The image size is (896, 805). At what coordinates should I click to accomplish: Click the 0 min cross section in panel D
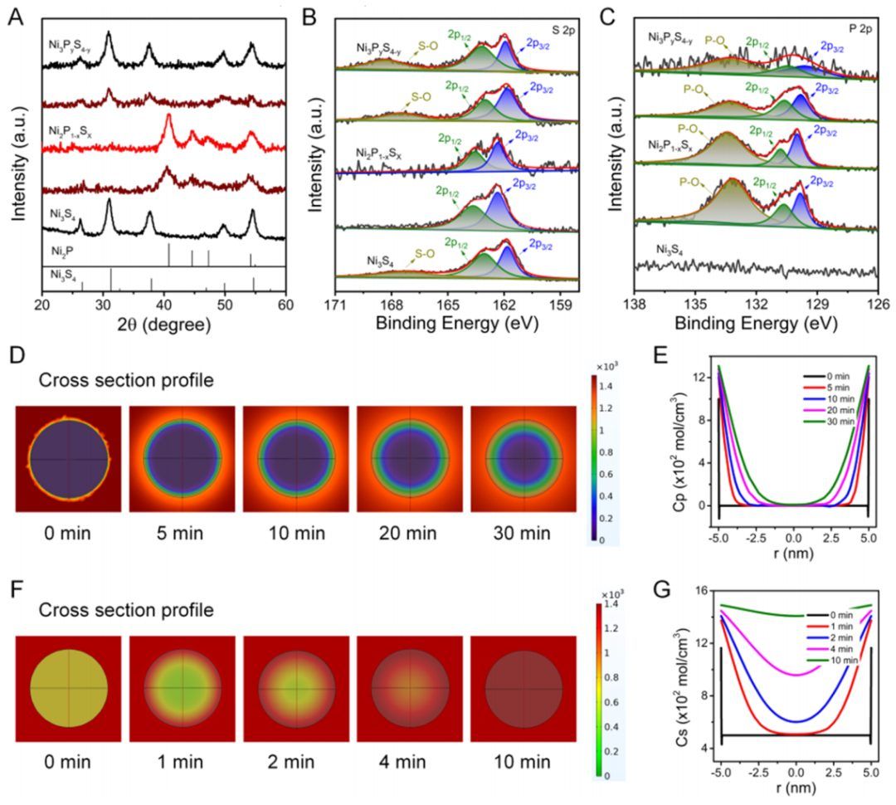click(x=69, y=458)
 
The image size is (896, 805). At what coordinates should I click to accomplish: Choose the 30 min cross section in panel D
click(x=523, y=458)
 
